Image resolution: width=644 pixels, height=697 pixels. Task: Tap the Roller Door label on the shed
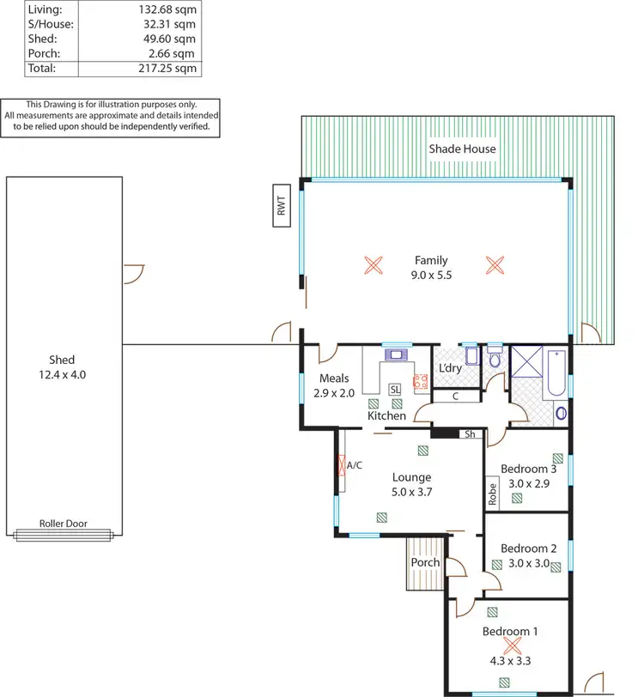click(x=63, y=524)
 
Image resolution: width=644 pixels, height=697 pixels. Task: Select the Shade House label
click(x=462, y=148)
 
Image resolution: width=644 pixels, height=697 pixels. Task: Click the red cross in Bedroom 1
click(x=512, y=645)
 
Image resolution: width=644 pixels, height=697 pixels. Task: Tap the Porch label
click(x=425, y=562)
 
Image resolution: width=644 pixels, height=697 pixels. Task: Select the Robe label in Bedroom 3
click(x=493, y=493)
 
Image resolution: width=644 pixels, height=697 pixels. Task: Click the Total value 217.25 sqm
click(x=167, y=67)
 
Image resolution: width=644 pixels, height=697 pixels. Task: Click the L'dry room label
click(x=451, y=368)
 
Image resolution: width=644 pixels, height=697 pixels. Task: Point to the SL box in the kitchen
click(x=395, y=389)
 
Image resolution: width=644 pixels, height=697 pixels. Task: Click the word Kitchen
click(x=386, y=415)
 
